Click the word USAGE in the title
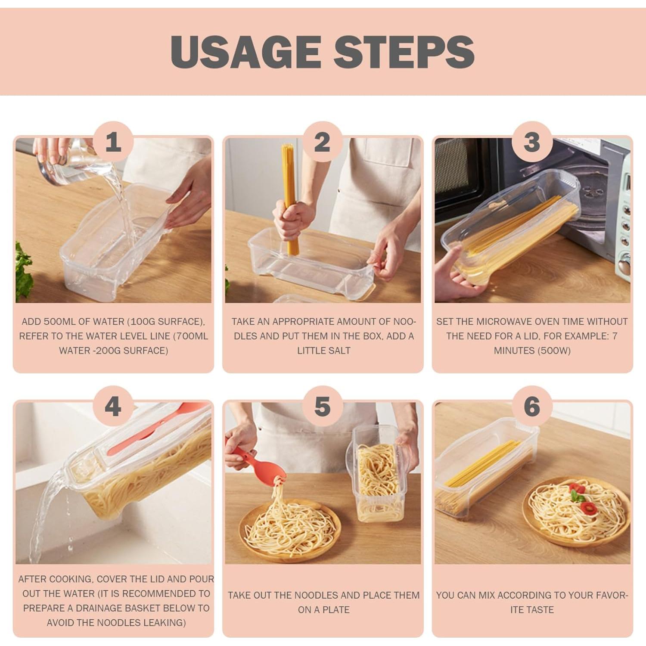coord(246,52)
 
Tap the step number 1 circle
coord(113,142)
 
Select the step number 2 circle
coord(322,142)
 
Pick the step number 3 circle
coord(532,142)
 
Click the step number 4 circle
coord(113,407)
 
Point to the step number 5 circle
coord(322,407)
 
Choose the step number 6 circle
coord(532,407)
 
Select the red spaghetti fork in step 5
coord(254,461)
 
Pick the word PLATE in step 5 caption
coord(336,610)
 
